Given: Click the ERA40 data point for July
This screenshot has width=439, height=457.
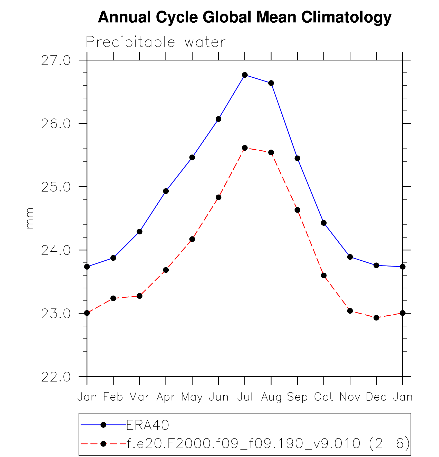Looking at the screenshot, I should coord(245,75).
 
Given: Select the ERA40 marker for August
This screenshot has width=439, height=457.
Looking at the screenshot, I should coord(271,83).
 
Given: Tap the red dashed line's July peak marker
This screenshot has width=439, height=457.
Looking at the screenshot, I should coord(245,148).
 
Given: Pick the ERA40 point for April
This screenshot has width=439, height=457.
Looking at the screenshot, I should coord(166,191).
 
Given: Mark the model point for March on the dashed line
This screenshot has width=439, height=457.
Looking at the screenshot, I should coord(139,296).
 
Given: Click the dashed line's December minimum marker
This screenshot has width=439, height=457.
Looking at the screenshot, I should coord(376,318).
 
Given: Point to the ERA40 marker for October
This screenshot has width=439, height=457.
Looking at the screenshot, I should coord(324,223).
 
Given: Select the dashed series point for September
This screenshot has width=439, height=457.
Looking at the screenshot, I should coord(297,210).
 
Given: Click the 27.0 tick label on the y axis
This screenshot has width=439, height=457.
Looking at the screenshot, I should coord(56,61).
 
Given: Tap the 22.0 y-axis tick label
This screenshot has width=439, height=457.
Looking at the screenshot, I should coord(56,377).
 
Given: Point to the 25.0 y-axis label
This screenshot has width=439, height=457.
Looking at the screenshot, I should coord(56,187).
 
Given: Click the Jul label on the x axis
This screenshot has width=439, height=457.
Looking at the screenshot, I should coord(245,397).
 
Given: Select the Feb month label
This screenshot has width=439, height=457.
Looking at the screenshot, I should coord(113,397).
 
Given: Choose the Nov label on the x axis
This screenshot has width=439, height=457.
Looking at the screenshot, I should coord(350,397).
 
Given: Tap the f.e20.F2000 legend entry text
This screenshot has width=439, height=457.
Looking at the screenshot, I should coord(269,443).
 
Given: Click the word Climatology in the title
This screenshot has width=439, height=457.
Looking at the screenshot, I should coord(346,17).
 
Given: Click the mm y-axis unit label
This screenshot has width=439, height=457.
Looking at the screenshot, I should coord(30,218).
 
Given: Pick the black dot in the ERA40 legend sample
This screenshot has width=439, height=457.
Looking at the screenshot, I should coord(103,425).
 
